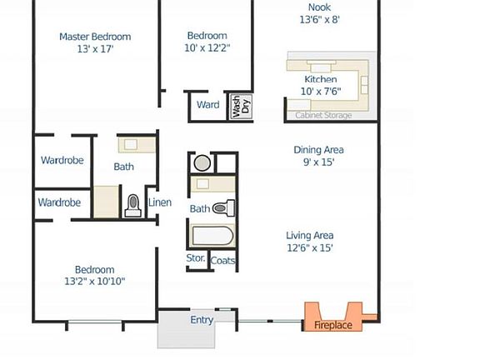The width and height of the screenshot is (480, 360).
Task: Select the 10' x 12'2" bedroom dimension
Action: point(207,48)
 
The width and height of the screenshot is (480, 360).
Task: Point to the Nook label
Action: point(320,7)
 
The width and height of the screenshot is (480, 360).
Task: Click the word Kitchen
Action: point(320,79)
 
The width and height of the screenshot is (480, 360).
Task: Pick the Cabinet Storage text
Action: point(323,116)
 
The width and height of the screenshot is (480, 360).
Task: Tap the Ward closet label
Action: point(207,105)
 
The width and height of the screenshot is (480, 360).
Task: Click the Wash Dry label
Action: point(241,105)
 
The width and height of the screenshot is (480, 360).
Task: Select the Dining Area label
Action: point(318,150)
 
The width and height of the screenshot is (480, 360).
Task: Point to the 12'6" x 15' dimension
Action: point(310,247)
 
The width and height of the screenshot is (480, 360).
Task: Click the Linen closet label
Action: point(159,202)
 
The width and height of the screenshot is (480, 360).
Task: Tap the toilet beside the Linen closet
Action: point(132,205)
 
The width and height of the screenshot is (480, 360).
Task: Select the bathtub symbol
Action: point(212,236)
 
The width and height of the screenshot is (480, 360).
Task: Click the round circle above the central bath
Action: point(202,162)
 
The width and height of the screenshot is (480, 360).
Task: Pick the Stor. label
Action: point(196,260)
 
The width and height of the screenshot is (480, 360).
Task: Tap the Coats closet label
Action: point(222,261)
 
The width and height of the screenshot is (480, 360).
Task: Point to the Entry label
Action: point(202,320)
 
